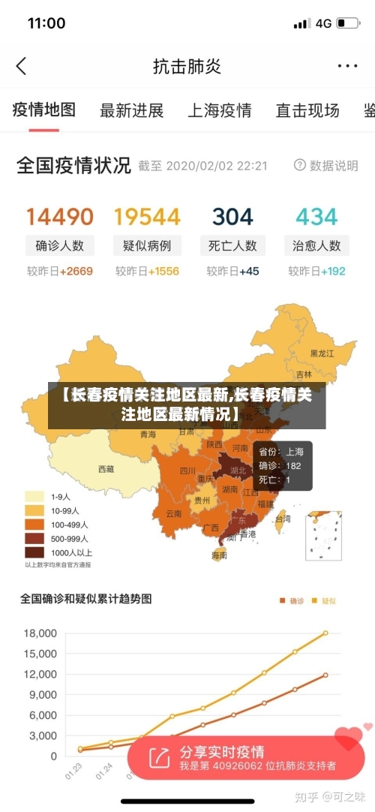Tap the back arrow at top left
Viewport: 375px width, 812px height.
pyautogui.click(x=21, y=66)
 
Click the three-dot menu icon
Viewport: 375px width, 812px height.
pyautogui.click(x=347, y=66)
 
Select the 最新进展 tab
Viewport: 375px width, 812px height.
pyautogui.click(x=131, y=110)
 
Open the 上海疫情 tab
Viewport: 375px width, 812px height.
pyautogui.click(x=219, y=110)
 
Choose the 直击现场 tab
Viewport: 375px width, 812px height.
pyautogui.click(x=307, y=110)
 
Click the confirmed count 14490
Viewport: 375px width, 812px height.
pyautogui.click(x=60, y=217)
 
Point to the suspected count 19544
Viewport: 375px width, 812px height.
pyautogui.click(x=147, y=217)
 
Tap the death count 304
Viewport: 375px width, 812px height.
pyautogui.click(x=232, y=217)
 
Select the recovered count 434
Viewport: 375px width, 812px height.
pyautogui.click(x=316, y=217)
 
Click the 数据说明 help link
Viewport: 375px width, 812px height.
pyautogui.click(x=326, y=166)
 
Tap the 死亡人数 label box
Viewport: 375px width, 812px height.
pyautogui.click(x=232, y=245)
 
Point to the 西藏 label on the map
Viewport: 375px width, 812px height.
pyautogui.click(x=106, y=469)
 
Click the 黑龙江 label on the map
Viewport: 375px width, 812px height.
pyautogui.click(x=322, y=353)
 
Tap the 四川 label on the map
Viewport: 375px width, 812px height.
pyautogui.click(x=187, y=471)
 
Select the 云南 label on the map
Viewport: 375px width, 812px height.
pyautogui.click(x=173, y=513)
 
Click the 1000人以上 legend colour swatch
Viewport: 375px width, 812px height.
pyautogui.click(x=34, y=552)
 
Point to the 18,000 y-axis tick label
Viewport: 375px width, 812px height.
pyautogui.click(x=40, y=633)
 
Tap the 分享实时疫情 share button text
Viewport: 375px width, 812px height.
pyautogui.click(x=221, y=751)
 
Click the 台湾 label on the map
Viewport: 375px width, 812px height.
pyautogui.click(x=283, y=518)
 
